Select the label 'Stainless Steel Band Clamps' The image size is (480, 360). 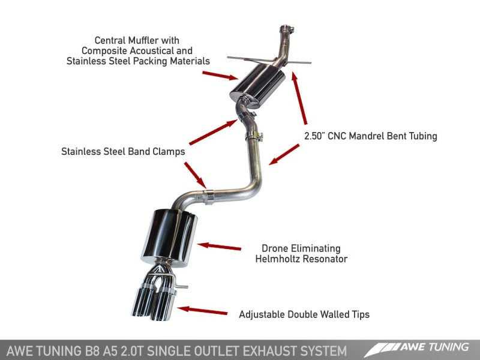pyautogui.click(x=123, y=152)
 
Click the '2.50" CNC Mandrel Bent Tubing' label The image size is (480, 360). pyautogui.click(x=369, y=136)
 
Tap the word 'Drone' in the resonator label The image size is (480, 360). pyautogui.click(x=275, y=248)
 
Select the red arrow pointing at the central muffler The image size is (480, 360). pyautogui.click(x=220, y=75)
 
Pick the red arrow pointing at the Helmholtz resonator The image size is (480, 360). pyautogui.click(x=220, y=246)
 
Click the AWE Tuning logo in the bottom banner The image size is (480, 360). pyautogui.click(x=420, y=349)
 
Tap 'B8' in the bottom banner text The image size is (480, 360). pyautogui.click(x=94, y=349)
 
